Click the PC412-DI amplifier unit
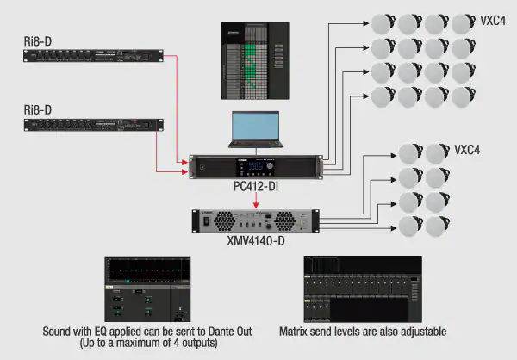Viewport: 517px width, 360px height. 258,165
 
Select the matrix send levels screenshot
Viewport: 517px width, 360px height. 363,288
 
